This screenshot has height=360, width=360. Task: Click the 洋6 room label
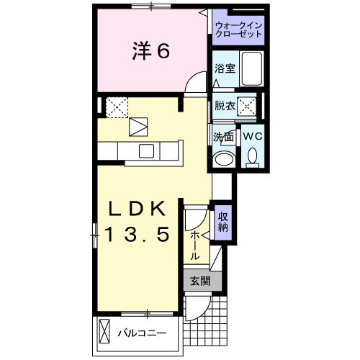[x=150, y=51]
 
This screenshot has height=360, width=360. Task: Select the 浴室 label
[x=225, y=69]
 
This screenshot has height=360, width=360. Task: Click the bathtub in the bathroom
[x=251, y=68]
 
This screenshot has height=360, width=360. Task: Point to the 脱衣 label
[x=224, y=105]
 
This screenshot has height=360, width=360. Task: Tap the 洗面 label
[x=223, y=136]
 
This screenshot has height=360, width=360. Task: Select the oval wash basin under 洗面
[x=224, y=158]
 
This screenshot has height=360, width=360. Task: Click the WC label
[x=252, y=136]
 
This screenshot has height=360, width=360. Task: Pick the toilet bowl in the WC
[x=252, y=156]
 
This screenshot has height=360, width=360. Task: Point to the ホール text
[x=195, y=245]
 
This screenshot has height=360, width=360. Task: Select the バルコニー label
[x=143, y=334]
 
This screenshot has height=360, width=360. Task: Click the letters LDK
[x=138, y=209]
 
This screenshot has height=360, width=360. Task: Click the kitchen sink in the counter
[x=146, y=150]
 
